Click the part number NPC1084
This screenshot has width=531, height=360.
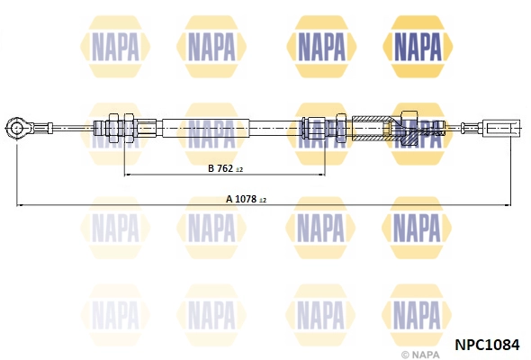point(487,343)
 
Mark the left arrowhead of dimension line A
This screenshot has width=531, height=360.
point(20,206)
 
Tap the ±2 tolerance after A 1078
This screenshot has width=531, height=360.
point(263,199)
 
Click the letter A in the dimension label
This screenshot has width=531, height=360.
point(229,198)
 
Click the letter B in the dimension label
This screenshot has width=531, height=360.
point(211,168)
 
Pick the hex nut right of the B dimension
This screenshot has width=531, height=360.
point(340,129)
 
